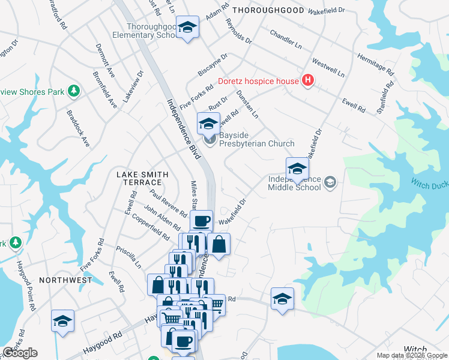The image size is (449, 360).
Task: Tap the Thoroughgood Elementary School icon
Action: [187, 27]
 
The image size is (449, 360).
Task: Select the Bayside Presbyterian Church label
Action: [256, 143]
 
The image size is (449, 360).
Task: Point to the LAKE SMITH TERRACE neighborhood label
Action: [139, 178]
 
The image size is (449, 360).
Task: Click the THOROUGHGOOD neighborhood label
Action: [268, 10]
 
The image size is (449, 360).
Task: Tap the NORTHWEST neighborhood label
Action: [65, 280]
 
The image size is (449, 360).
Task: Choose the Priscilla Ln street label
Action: [129, 255]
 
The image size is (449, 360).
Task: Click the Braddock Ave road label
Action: [77, 128]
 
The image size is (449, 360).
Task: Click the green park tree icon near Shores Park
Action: [74, 91]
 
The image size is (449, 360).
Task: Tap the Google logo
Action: [20, 353]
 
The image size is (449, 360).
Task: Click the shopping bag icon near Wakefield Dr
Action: [219, 244]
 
